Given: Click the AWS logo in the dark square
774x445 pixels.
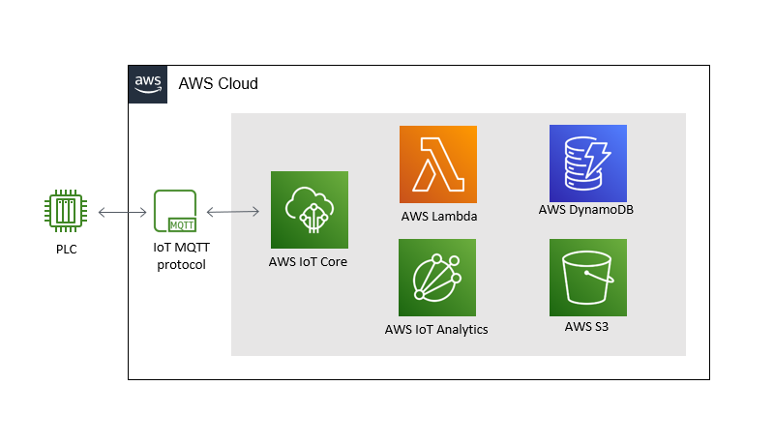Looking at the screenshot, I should tap(148, 83).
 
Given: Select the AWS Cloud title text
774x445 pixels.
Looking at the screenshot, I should tap(219, 84).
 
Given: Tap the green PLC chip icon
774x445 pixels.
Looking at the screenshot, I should tap(66, 211).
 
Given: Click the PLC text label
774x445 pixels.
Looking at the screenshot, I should tap(66, 250).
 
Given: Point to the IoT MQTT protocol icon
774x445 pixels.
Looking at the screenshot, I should tap(175, 211).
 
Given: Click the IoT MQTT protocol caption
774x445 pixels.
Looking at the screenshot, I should tap(181, 257).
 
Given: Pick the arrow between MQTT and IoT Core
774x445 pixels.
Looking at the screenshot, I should tap(232, 211).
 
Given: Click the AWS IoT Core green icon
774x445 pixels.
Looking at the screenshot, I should tap(309, 210).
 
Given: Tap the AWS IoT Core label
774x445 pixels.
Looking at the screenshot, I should tap(308, 262).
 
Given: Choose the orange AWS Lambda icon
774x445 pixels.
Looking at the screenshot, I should tap(438, 164).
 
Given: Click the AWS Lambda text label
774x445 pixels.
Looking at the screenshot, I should tap(438, 216).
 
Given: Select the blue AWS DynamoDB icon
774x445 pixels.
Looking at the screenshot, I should tap(587, 163).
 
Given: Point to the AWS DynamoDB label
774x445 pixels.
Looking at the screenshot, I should tap(586, 210).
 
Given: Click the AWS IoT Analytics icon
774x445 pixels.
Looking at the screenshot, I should tap(437, 278).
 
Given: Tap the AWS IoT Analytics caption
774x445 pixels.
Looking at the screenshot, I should tap(436, 329).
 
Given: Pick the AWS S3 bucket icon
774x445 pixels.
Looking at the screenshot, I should tap(587, 278).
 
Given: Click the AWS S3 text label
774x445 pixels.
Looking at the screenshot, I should tap(586, 327).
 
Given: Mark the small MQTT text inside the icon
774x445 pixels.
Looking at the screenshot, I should tap(181, 224).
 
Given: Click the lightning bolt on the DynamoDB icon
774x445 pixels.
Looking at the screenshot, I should tap(601, 156).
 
